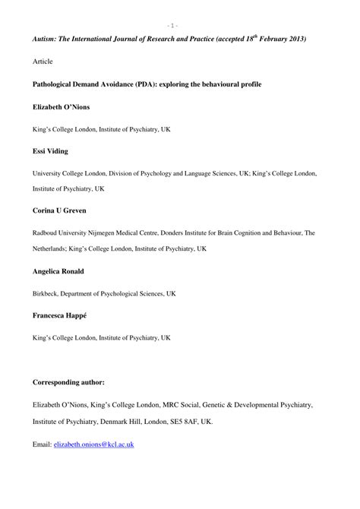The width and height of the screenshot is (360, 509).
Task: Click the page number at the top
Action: [x=175, y=25]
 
